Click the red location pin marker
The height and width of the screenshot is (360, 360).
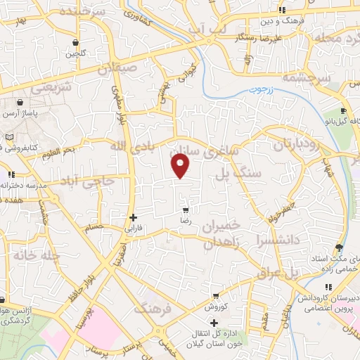[x=181, y=166]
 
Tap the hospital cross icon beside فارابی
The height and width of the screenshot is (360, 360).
[x=133, y=217]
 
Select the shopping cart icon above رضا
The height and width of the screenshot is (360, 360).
[x=186, y=210]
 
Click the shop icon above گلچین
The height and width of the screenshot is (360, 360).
[x=75, y=42]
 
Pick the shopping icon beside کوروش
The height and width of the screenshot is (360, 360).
[x=214, y=296]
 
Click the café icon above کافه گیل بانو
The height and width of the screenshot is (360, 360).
[x=343, y=110]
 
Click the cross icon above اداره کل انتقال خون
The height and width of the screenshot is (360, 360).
[x=214, y=321]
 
